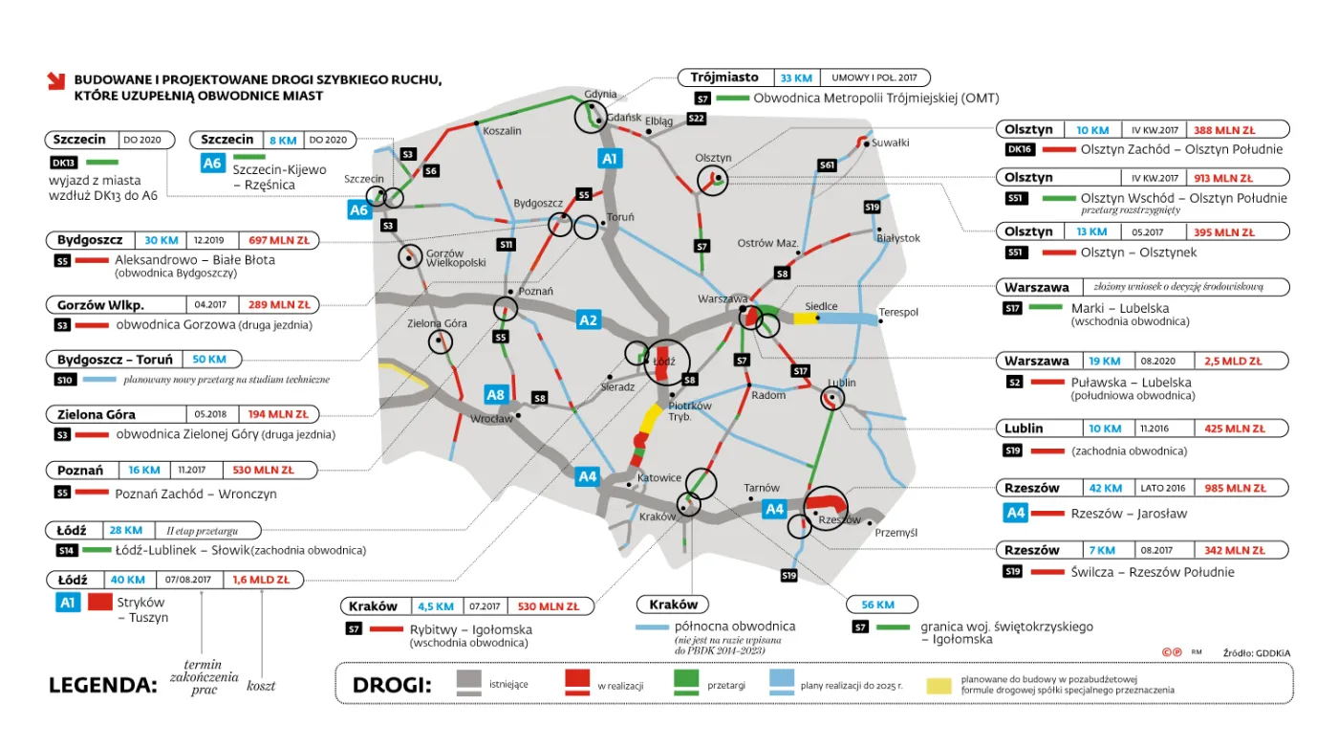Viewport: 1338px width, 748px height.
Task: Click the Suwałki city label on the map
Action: coord(892,143)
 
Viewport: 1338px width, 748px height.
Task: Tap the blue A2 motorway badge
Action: coord(588,320)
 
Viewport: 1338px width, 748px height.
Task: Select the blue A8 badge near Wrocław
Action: coord(495,393)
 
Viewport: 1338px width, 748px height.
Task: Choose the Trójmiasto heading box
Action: coord(725,77)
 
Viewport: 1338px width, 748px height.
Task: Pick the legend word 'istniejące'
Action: coord(507,685)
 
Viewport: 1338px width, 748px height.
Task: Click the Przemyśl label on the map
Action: coord(896,533)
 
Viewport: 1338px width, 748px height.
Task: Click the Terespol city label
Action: coord(898,312)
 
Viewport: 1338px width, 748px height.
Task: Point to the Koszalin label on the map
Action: coord(503,130)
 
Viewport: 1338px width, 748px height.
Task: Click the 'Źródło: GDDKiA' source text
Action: coord(1256,652)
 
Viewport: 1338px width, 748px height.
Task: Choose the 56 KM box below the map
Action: coord(882,605)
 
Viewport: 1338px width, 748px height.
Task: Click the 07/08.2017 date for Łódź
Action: coord(187,580)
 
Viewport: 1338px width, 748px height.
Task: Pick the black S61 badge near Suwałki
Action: coord(828,165)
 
